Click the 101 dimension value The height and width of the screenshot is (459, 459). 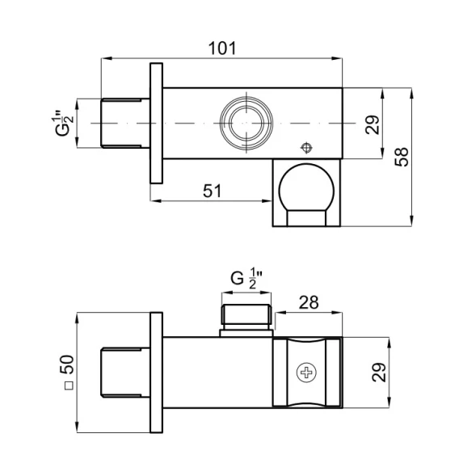222,48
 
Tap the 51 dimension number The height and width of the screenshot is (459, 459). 213,191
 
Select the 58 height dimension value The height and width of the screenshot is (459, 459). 402,157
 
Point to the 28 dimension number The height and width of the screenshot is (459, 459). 309,302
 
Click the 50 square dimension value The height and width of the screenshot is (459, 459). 67,364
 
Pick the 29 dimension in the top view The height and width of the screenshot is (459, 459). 373,124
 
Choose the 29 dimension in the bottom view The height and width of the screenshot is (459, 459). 379,372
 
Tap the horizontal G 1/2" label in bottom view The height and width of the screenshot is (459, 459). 246,279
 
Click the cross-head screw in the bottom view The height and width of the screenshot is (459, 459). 306,373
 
